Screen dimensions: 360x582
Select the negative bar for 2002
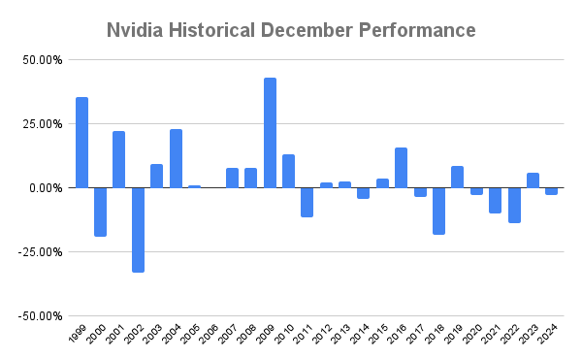(139, 230)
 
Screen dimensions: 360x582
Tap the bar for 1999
(81, 143)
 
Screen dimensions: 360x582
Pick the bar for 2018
(438, 211)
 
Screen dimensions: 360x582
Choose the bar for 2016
(401, 168)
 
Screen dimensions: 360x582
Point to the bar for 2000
(101, 212)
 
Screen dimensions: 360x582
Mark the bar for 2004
(176, 158)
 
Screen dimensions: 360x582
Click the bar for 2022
(514, 205)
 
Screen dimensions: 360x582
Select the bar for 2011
(307, 202)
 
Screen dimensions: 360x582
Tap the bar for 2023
(533, 180)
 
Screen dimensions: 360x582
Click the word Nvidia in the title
(137, 31)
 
